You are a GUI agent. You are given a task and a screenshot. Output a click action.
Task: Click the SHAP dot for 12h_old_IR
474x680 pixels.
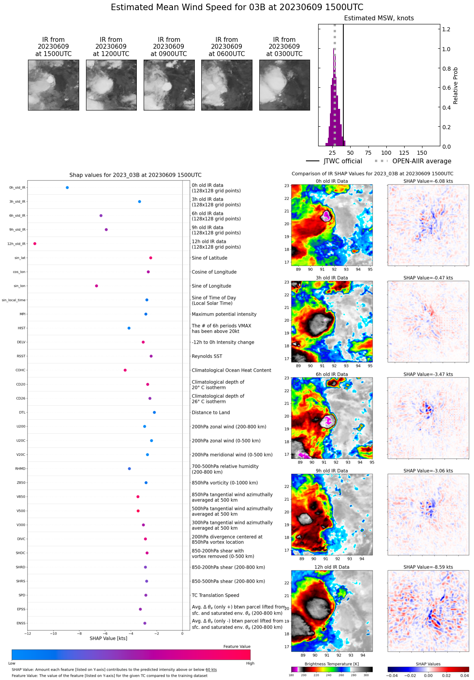click(35, 244)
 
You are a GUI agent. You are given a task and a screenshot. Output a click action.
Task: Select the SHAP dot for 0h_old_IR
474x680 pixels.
click(67, 188)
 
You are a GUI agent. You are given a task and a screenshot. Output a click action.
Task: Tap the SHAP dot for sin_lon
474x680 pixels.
click(97, 286)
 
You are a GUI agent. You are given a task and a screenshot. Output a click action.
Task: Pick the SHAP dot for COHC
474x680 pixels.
click(125, 370)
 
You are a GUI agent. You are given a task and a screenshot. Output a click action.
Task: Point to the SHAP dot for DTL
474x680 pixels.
click(154, 412)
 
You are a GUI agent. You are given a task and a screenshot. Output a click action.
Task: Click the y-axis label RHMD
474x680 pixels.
click(20, 469)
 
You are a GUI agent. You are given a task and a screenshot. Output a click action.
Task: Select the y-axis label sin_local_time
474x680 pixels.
click(13, 300)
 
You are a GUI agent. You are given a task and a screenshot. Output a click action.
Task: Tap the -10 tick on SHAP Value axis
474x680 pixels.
click(54, 633)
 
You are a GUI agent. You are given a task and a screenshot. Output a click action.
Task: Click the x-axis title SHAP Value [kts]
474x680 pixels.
click(108, 639)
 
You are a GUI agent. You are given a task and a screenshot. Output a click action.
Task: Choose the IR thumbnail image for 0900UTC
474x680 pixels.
click(169, 85)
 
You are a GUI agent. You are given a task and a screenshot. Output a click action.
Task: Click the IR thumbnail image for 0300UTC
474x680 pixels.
click(284, 85)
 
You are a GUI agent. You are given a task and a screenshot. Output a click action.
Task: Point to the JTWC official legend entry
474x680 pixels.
click(334, 161)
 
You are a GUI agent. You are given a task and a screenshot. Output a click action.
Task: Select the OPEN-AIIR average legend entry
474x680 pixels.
click(413, 161)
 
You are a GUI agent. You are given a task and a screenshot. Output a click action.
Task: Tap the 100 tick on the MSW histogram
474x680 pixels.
click(386, 153)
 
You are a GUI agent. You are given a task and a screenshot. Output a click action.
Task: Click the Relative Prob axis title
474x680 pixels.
click(455, 86)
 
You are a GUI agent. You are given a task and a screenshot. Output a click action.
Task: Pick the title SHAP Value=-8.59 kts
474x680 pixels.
click(428, 567)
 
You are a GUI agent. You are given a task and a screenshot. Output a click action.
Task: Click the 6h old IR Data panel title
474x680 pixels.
click(332, 375)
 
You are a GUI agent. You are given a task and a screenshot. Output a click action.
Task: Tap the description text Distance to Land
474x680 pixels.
click(211, 413)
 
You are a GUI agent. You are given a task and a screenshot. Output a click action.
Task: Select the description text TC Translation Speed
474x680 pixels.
click(215, 596)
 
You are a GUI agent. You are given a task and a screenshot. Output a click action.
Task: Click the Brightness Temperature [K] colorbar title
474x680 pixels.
click(332, 664)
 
